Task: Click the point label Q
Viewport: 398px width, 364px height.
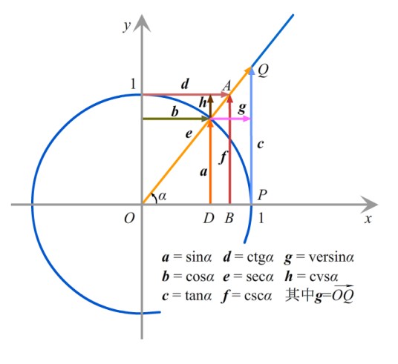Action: (263, 70)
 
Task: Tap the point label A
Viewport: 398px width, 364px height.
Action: (226, 85)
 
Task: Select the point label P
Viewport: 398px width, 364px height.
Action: (262, 195)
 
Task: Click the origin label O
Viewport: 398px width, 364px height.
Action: (129, 218)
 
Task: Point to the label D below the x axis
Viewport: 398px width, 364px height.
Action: (209, 218)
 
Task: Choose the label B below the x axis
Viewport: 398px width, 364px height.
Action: (229, 218)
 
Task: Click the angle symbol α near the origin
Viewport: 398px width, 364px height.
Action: (163, 196)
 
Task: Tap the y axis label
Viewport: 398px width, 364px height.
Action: (127, 25)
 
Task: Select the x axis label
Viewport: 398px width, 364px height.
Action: (368, 219)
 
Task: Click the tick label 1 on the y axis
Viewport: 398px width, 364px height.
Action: (133, 84)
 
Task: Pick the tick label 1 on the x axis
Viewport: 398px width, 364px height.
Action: (261, 218)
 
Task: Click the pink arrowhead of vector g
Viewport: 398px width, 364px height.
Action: (247, 119)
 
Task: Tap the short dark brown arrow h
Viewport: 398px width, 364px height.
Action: (210, 106)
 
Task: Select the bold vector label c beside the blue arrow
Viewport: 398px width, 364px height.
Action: (261, 145)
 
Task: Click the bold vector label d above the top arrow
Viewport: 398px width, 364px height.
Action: (185, 84)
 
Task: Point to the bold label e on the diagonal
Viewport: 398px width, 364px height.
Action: (189, 134)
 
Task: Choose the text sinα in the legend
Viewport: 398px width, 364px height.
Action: (199, 257)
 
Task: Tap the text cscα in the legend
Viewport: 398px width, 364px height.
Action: (258, 296)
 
